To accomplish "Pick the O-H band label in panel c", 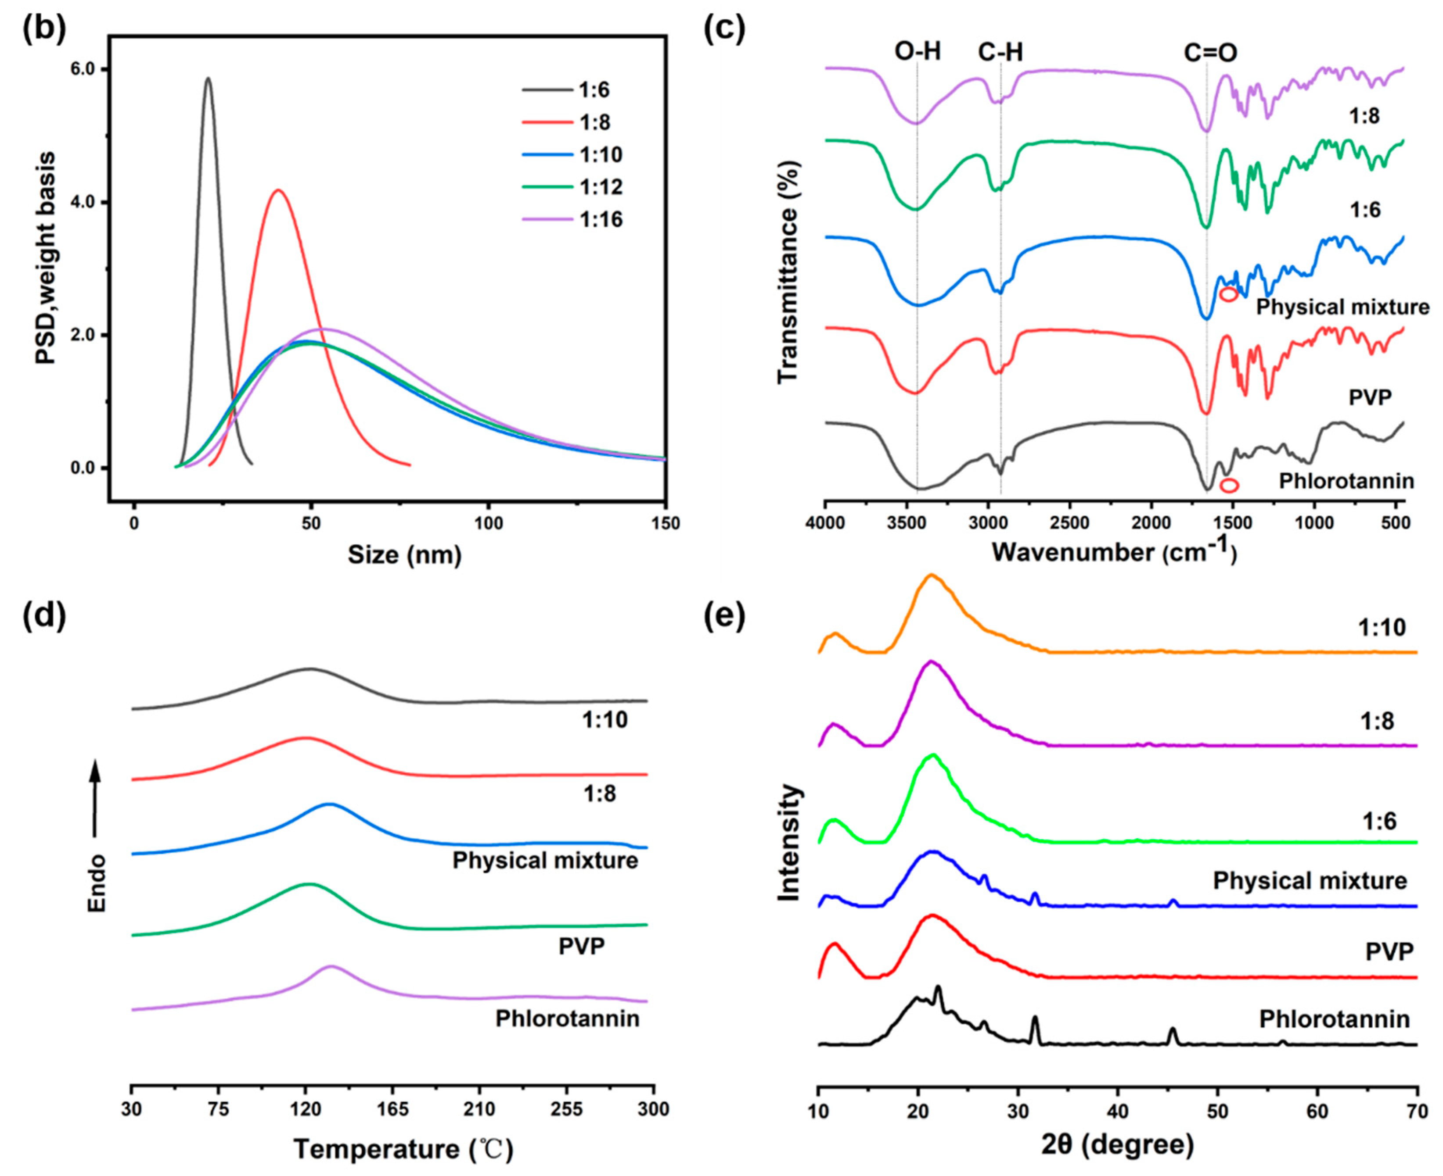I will click(x=917, y=51).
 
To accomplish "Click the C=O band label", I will click(x=1210, y=53).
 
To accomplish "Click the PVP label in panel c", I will click(x=1370, y=397).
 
